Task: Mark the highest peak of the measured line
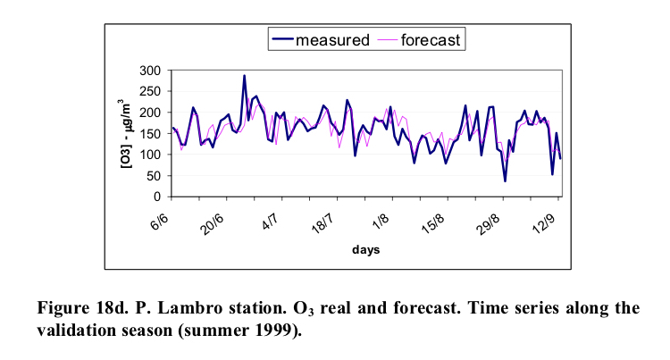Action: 245,76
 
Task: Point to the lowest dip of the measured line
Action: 505,181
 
